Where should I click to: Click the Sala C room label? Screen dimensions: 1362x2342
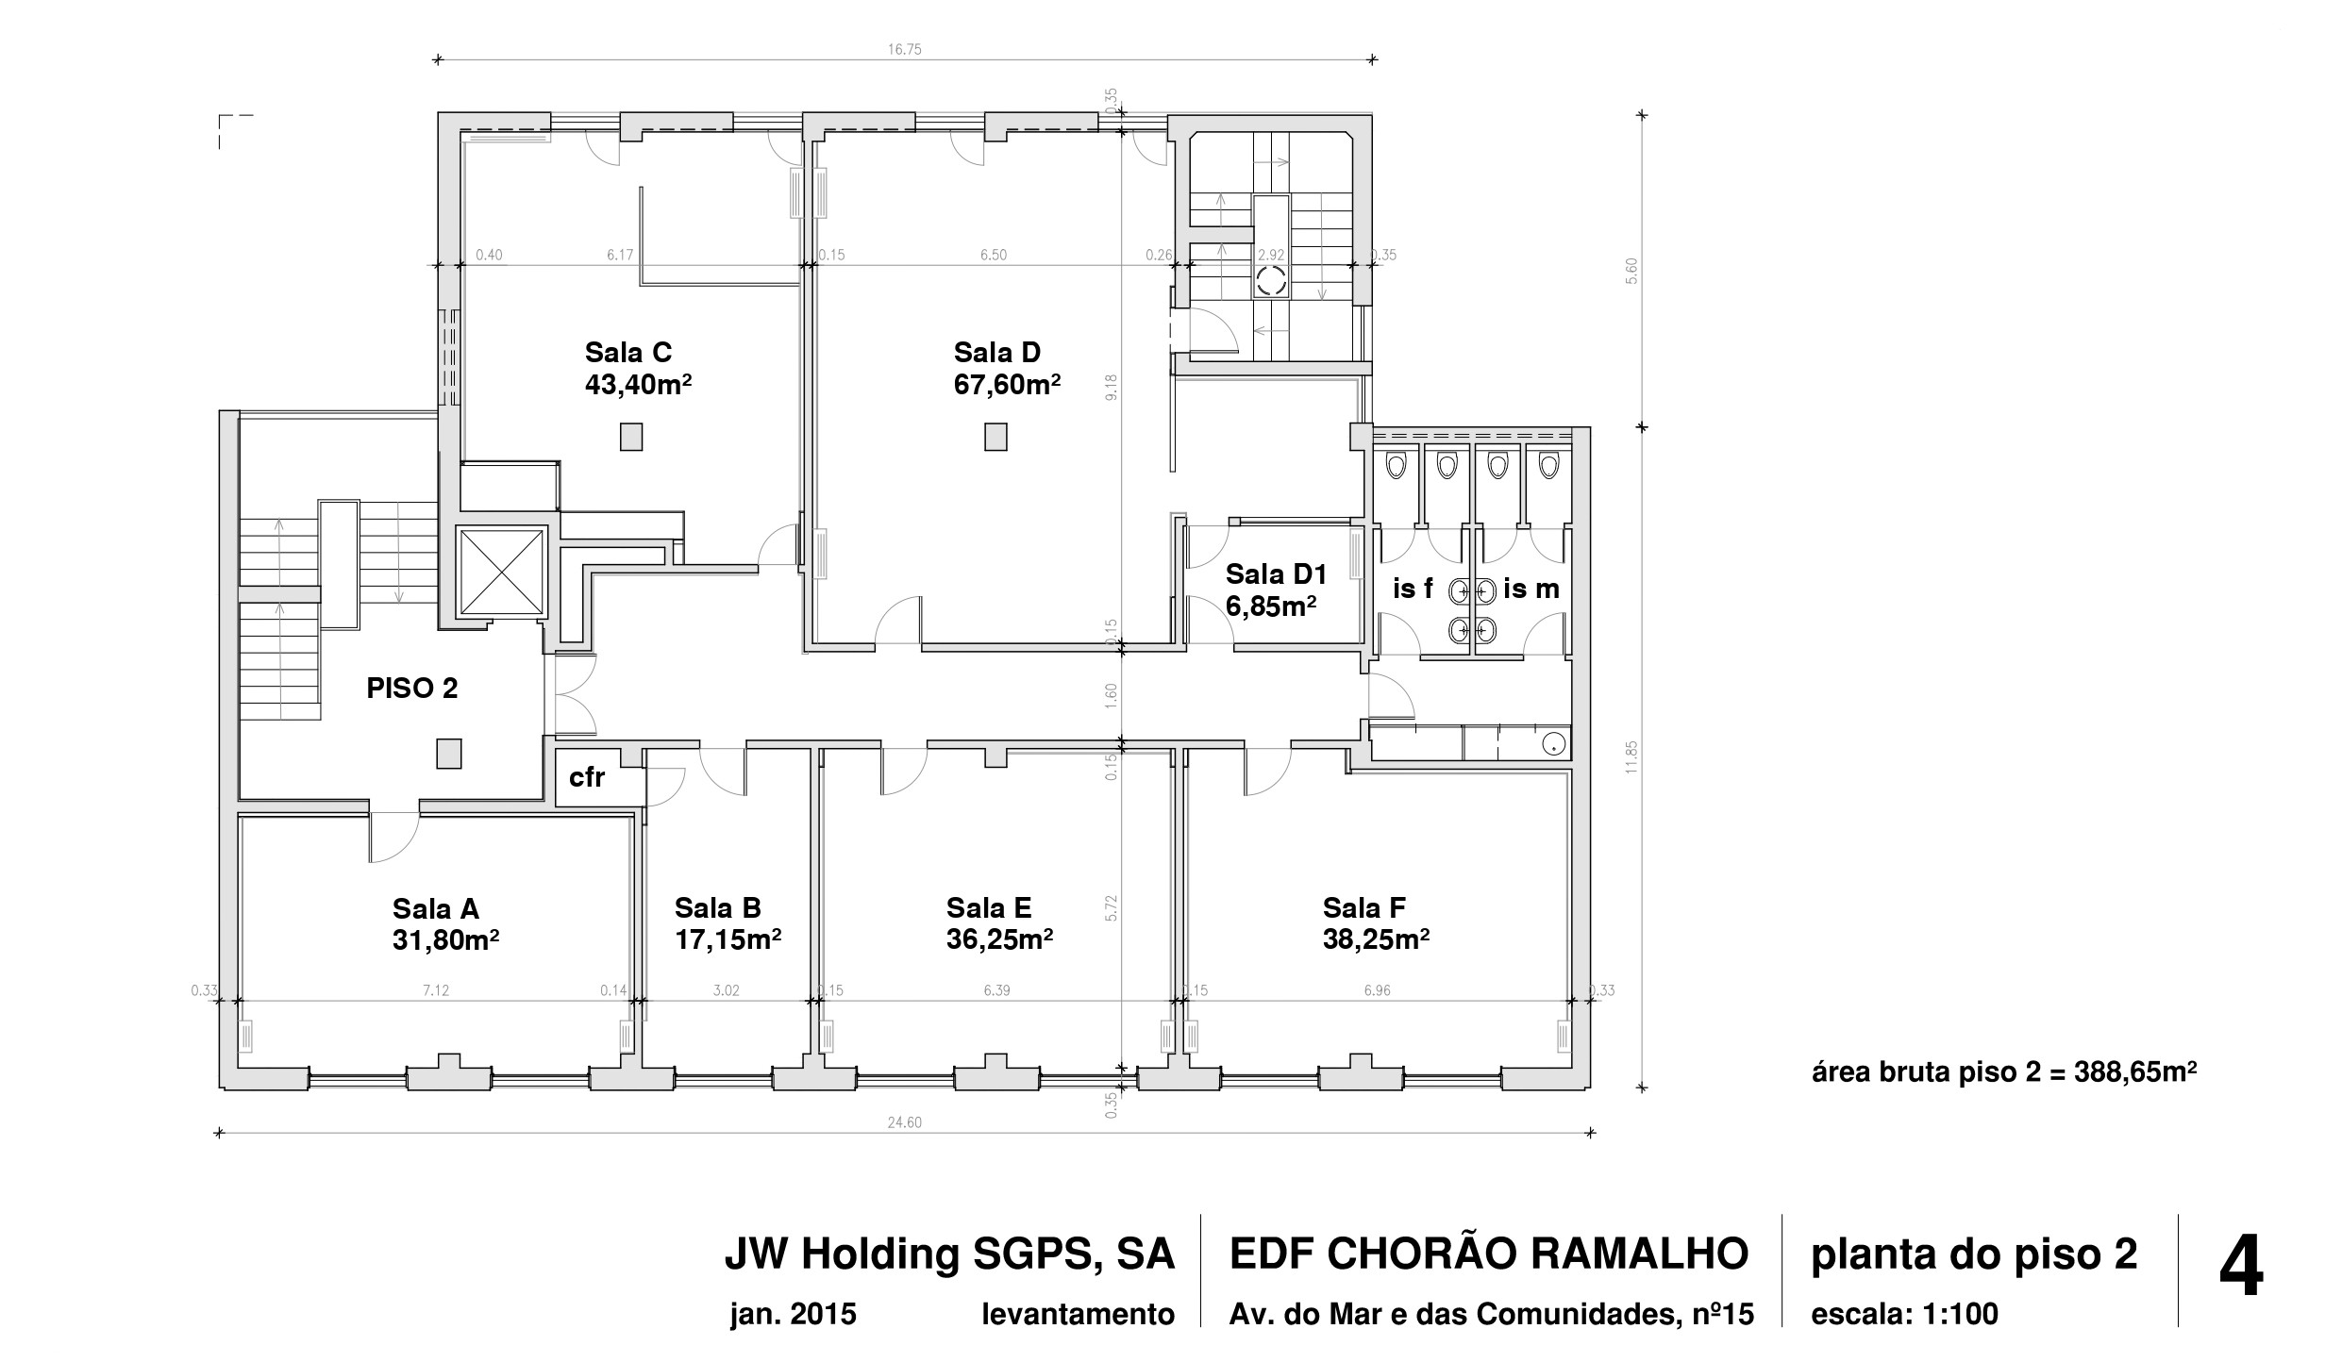click(627, 352)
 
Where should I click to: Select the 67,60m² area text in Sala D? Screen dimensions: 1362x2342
click(1007, 385)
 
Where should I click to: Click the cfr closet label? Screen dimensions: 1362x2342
click(586, 778)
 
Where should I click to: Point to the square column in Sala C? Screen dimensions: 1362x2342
click(631, 437)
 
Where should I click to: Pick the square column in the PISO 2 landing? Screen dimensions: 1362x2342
click(448, 754)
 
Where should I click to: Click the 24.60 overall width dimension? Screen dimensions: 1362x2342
click(904, 1122)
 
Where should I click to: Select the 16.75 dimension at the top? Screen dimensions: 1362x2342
click(904, 50)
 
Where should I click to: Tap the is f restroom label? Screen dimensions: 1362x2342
click(1413, 590)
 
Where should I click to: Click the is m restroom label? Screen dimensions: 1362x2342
click(1531, 590)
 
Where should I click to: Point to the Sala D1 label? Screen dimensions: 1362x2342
click(1276, 573)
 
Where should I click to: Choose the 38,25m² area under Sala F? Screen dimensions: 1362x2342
click(1376, 940)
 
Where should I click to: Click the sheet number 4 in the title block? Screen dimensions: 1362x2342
click(2241, 1270)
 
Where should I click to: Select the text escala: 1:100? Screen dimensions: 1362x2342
click(1904, 1314)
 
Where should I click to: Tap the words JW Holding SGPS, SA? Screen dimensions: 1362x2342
click(948, 1254)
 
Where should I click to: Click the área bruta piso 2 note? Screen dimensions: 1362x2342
click(2004, 1073)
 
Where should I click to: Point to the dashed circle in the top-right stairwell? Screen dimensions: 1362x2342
click(1270, 280)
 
